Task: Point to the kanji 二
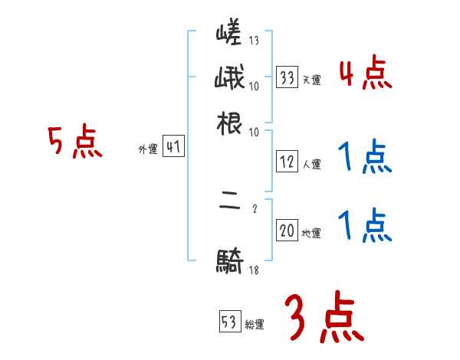tap(230, 208)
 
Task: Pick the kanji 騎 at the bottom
tap(230, 262)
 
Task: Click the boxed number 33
tap(287, 77)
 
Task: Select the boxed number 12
tap(287, 162)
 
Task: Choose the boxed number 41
tap(173, 148)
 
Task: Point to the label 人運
tap(311, 164)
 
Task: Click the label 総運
tap(255, 325)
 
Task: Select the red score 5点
tap(74, 142)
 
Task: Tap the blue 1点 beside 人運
tap(365, 158)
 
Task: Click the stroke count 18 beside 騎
tap(254, 270)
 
